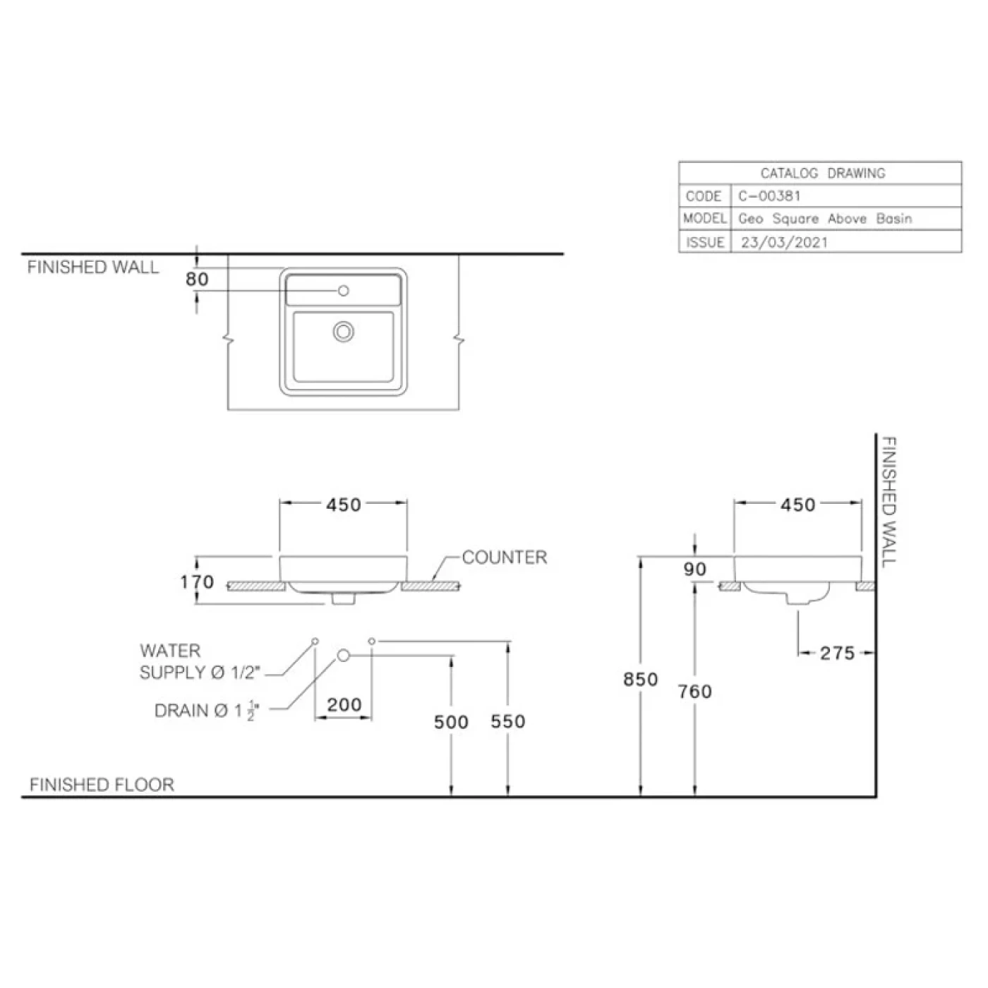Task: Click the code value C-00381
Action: pyautogui.click(x=769, y=196)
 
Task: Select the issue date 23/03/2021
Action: pyautogui.click(x=784, y=242)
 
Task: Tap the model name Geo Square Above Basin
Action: pyautogui.click(x=824, y=219)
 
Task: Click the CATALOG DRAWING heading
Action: pyautogui.click(x=822, y=173)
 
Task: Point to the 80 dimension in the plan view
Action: pyautogui.click(x=197, y=279)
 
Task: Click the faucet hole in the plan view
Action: pyautogui.click(x=344, y=291)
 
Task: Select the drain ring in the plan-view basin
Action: pyautogui.click(x=344, y=331)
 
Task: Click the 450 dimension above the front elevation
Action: pyautogui.click(x=344, y=505)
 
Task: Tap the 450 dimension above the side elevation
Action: pyautogui.click(x=797, y=505)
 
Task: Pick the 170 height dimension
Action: pyautogui.click(x=197, y=582)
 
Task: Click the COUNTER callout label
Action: pyautogui.click(x=505, y=558)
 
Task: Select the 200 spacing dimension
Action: pyautogui.click(x=344, y=704)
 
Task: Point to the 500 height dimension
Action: pyautogui.click(x=451, y=722)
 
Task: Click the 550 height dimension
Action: pyautogui.click(x=508, y=721)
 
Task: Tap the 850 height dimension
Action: pyautogui.click(x=640, y=679)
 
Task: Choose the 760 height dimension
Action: pyautogui.click(x=695, y=692)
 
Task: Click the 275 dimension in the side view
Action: pyautogui.click(x=837, y=653)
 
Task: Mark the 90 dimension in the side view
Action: pyautogui.click(x=695, y=569)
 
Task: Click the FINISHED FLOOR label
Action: pyautogui.click(x=102, y=785)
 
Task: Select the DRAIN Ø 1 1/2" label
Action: pyautogui.click(x=207, y=711)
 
